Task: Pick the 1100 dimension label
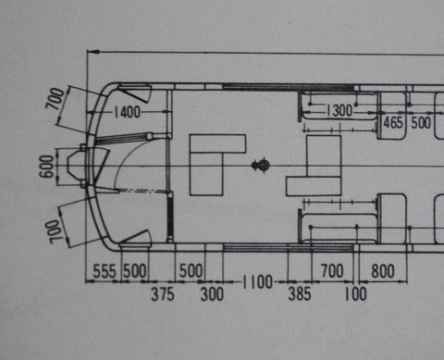[257, 280]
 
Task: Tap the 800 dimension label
[382, 270]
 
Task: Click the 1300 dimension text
[339, 110]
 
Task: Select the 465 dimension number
[393, 121]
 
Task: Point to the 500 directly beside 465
[421, 121]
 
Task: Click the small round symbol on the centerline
[262, 167]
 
